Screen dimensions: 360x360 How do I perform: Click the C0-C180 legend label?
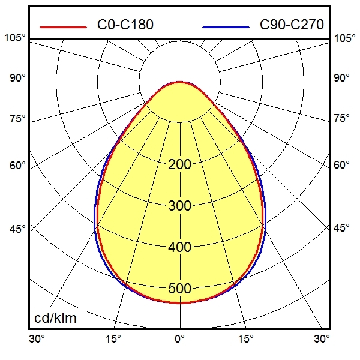point(125,25)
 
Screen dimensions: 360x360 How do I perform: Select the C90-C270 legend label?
point(292,25)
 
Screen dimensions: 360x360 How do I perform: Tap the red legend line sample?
point(63,27)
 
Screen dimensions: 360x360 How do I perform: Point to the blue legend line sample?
point(226,27)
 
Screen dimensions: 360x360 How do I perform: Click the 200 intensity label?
point(179,164)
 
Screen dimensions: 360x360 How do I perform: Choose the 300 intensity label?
point(179,206)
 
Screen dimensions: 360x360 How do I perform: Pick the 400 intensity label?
point(179,247)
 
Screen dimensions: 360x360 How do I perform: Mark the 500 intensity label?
point(179,289)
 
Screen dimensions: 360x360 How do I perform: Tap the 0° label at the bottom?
point(179,339)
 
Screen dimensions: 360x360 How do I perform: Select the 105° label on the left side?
point(15,38)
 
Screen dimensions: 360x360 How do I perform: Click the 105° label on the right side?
point(345,38)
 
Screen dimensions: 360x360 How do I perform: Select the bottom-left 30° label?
point(37,339)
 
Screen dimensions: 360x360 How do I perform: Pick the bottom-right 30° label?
point(322,339)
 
